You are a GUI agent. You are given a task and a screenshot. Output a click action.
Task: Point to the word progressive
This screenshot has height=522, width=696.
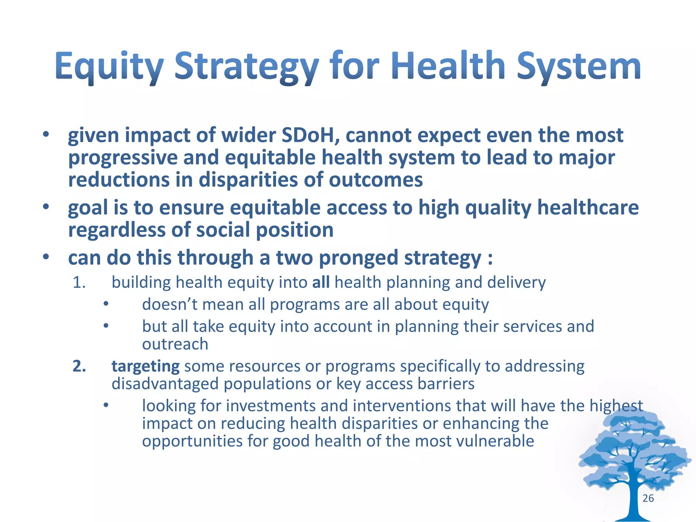point(122,158)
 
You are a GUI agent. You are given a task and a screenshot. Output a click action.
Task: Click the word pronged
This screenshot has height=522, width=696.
point(359,258)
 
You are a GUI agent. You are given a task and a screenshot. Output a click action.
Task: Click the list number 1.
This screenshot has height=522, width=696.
point(79,282)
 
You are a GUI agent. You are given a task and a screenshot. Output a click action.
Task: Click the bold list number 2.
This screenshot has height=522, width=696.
point(79,366)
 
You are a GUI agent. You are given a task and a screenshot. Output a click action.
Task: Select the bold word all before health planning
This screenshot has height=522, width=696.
point(321,282)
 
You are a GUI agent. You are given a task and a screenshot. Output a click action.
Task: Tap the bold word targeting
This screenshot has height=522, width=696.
point(145,366)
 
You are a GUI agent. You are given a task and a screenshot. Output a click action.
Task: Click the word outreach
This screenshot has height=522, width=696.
point(175,344)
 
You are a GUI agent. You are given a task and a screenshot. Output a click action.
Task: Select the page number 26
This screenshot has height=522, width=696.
point(648,498)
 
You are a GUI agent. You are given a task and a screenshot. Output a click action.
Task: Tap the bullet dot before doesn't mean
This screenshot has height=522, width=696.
point(106,304)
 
